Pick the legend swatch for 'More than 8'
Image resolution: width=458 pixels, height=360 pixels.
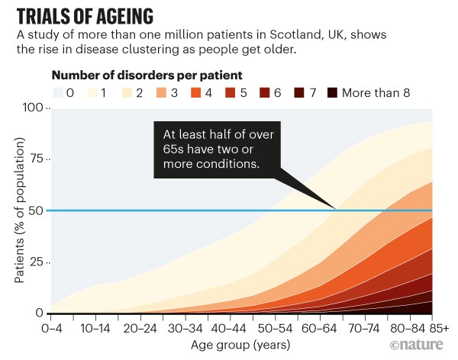pos(331,93)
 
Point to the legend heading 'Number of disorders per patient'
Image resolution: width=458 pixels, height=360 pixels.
pos(147,76)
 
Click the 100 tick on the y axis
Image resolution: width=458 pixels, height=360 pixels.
pos(34,108)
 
